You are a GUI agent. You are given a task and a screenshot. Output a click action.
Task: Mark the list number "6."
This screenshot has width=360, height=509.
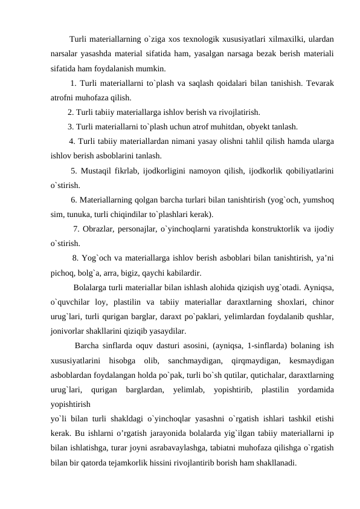coord(75,199)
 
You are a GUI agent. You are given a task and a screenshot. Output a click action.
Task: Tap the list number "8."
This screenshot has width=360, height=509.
coord(76,258)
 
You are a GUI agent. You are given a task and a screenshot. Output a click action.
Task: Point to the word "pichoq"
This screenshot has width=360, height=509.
coord(63,272)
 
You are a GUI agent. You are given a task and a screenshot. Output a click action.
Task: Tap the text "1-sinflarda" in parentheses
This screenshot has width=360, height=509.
coord(225,346)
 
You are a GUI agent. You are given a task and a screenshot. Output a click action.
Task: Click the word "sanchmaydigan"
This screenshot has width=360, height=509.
coord(191,360)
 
